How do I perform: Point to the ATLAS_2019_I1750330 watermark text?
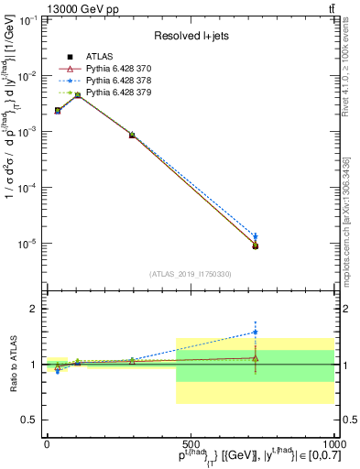[191, 273]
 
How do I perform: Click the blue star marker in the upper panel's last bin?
[256, 236]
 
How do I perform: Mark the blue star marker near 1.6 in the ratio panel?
[256, 332]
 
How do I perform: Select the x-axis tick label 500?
[190, 442]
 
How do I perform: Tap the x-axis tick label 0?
[47, 442]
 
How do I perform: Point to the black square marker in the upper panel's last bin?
[256, 246]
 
